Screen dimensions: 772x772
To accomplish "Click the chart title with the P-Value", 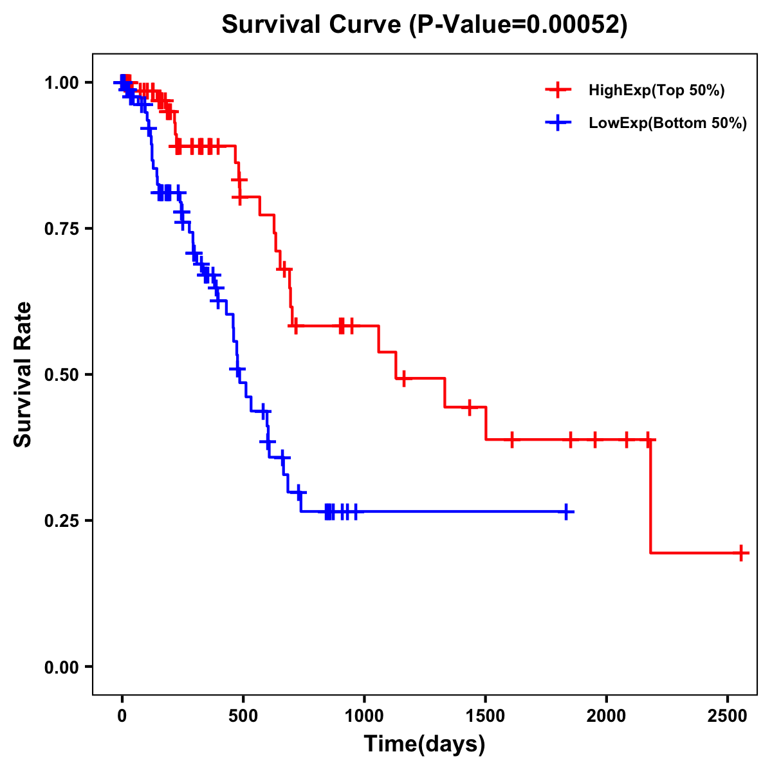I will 425,25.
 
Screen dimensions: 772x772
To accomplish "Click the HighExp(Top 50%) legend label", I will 656,91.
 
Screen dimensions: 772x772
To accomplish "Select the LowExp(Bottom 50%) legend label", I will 668,124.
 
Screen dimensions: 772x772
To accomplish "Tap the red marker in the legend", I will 558,91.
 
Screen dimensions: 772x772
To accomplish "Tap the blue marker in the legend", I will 558,124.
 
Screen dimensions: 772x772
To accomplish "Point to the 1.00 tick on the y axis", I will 62,82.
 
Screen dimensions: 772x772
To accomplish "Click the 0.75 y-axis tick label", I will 62,228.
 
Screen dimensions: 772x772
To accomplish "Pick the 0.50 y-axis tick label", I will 62,374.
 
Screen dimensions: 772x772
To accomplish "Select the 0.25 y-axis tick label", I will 62,520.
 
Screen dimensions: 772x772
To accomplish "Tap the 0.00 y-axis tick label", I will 62,666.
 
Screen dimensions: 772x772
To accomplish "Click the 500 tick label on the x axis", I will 243,716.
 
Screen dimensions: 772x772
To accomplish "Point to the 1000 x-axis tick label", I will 364,716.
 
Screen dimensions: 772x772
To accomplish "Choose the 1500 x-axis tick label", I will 485,716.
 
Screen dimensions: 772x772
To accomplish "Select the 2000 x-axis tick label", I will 606,716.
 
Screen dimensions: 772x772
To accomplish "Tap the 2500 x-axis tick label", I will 728,716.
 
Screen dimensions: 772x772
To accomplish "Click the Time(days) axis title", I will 425,744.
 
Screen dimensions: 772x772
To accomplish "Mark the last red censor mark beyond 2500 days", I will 741,553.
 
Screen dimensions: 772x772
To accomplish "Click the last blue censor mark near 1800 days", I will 566,511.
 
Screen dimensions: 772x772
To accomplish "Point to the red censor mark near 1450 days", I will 470,407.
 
